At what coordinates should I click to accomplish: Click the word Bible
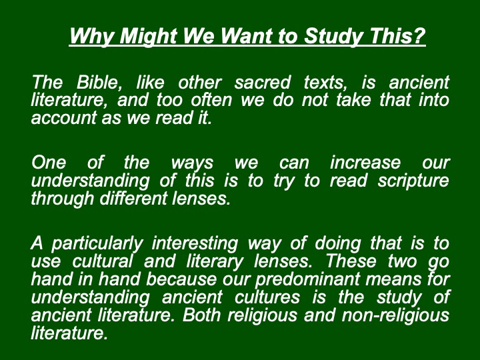(x=99, y=82)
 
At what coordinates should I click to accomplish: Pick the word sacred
(x=263, y=83)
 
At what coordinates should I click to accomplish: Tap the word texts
(x=325, y=83)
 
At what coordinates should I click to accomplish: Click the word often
(x=211, y=100)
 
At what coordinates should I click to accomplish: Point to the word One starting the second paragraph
(x=49, y=162)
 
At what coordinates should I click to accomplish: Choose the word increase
(x=365, y=162)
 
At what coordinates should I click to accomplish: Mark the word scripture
(x=413, y=181)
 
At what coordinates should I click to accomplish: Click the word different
(x=133, y=198)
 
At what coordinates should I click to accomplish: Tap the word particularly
(x=97, y=244)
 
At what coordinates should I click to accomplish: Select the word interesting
(x=195, y=244)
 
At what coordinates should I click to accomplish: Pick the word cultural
(x=102, y=261)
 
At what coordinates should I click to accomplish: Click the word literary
(x=215, y=262)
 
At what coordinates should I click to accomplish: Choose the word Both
(x=201, y=315)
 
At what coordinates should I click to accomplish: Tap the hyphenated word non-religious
(x=395, y=315)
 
